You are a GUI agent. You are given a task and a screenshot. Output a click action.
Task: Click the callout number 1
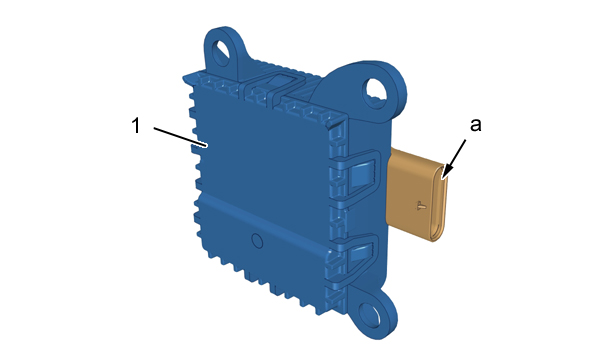(136, 126)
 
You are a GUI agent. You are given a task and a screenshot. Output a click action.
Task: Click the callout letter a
(475, 125)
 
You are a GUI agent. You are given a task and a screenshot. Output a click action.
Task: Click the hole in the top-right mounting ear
(377, 91)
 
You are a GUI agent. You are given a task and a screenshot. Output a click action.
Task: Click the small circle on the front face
(257, 241)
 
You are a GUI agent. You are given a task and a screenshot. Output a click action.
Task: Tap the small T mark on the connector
(421, 205)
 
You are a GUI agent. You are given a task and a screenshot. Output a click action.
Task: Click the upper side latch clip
(360, 174)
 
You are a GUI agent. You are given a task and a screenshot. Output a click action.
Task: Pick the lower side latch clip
(360, 255)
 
